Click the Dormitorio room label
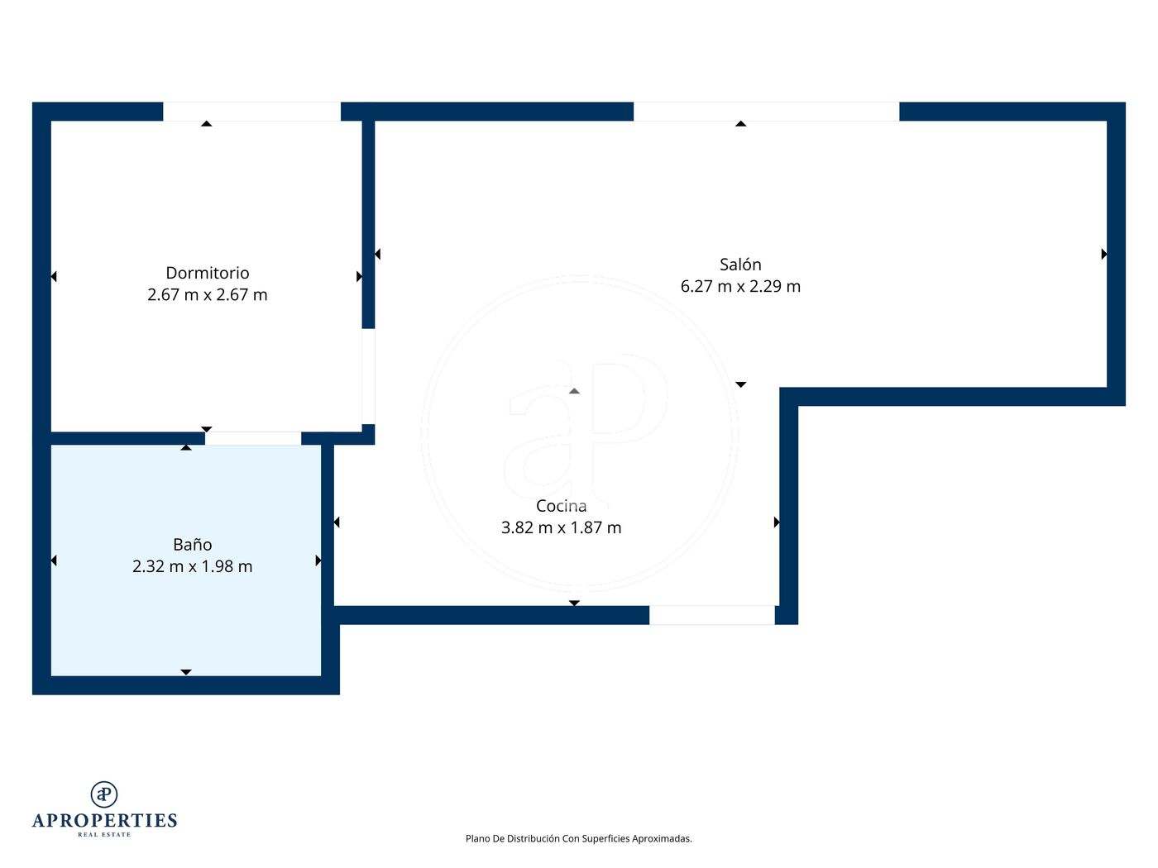pyautogui.click(x=208, y=273)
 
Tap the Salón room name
pyautogui.click(x=740, y=264)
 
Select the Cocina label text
pyautogui.click(x=561, y=505)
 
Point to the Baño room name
pyautogui.click(x=193, y=544)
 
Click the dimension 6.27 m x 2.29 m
pyautogui.click(x=740, y=286)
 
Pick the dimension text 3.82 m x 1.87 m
pyautogui.click(x=561, y=527)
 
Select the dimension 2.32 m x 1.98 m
pyautogui.click(x=193, y=566)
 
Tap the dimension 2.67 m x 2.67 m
pyautogui.click(x=208, y=294)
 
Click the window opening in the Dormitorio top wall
pyautogui.click(x=251, y=112)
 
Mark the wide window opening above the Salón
pyautogui.click(x=766, y=112)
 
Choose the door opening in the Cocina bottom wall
pyautogui.click(x=711, y=615)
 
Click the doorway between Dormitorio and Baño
pyautogui.click(x=253, y=438)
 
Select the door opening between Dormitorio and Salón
pyautogui.click(x=368, y=376)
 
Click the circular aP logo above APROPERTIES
pyautogui.click(x=104, y=794)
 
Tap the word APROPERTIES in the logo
pyautogui.click(x=104, y=820)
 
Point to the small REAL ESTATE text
pyautogui.click(x=104, y=834)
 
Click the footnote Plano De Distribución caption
pyautogui.click(x=579, y=838)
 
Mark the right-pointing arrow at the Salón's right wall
pyautogui.click(x=1104, y=254)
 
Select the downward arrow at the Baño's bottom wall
pyautogui.click(x=186, y=672)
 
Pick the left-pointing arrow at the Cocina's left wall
pyautogui.click(x=337, y=522)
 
